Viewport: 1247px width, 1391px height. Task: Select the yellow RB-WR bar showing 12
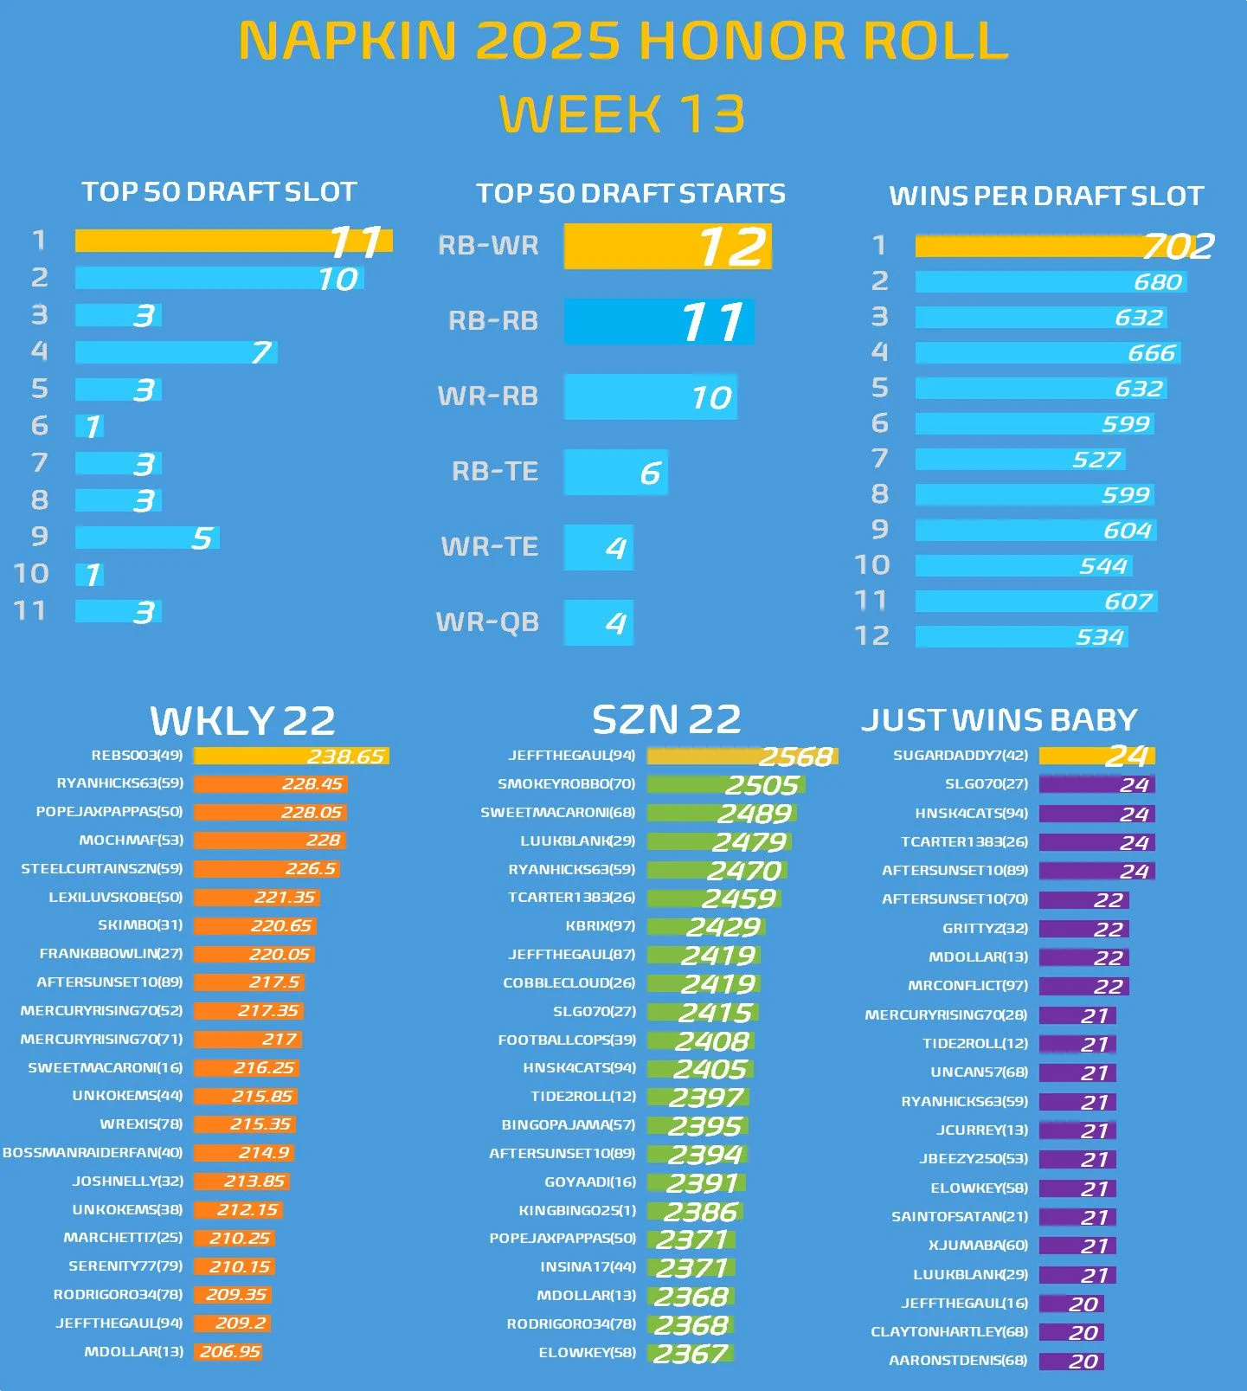coord(667,247)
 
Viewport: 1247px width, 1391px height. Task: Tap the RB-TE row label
coord(495,472)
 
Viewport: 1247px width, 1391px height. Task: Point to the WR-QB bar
coord(599,622)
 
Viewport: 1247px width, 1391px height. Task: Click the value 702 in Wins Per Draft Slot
coord(1178,247)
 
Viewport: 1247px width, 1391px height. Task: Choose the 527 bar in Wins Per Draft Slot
coord(1020,460)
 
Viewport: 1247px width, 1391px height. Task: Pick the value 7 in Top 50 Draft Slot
coord(260,352)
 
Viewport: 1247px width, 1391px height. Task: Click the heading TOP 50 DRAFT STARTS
coord(631,193)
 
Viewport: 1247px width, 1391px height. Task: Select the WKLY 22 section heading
coord(242,720)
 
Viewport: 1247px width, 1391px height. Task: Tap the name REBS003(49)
coord(137,756)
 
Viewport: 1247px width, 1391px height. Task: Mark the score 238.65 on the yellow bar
coord(345,757)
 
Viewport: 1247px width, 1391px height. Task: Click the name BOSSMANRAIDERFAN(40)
coord(93,1153)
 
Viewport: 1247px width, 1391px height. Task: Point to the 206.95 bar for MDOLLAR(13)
coord(228,1352)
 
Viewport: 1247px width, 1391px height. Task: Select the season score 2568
coord(795,757)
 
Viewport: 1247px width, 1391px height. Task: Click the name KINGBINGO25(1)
coord(577,1210)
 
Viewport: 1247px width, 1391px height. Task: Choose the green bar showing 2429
coord(706,927)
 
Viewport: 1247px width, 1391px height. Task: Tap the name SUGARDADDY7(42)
coord(961,756)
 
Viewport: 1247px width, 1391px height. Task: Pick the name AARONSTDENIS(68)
coord(958,1361)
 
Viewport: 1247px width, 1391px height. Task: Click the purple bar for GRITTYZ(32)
coord(1084,929)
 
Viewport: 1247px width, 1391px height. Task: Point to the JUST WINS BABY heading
coord(999,720)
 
